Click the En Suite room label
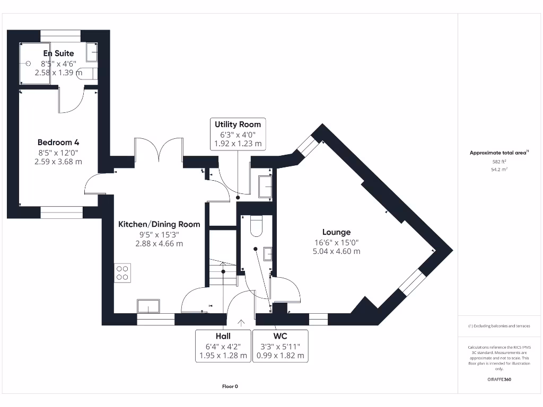(x=58, y=53)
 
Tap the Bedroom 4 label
(x=58, y=143)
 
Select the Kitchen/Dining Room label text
(x=159, y=224)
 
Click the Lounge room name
(x=336, y=232)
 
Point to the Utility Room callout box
(x=238, y=134)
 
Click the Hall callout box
(x=223, y=346)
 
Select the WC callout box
(x=281, y=346)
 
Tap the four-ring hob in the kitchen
(x=122, y=272)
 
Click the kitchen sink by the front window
(x=148, y=306)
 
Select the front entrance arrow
(x=241, y=322)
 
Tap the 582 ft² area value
(x=499, y=162)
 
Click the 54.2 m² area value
(x=499, y=169)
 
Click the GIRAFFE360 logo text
(x=499, y=379)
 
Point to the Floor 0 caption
(x=230, y=386)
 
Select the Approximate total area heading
(x=498, y=153)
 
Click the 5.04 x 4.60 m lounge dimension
(x=336, y=251)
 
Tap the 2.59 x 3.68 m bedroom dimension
(x=58, y=162)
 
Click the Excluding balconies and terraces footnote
(x=499, y=326)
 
